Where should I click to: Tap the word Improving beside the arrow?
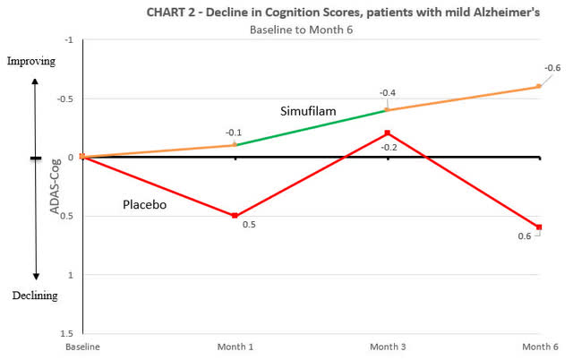click(30, 62)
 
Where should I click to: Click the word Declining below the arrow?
click(33, 296)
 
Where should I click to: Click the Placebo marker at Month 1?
click(235, 216)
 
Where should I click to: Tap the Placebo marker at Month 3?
click(387, 133)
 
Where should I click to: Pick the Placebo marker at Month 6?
click(539, 227)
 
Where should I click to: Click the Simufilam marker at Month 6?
click(539, 86)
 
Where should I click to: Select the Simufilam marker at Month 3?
click(387, 109)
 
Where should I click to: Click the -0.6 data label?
click(552, 68)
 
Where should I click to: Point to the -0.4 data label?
click(388, 92)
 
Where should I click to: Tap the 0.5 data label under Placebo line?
click(249, 224)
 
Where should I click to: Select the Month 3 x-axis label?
click(387, 345)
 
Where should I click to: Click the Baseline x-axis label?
click(81, 345)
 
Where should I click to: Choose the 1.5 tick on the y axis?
click(68, 332)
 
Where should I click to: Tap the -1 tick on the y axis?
click(70, 40)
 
